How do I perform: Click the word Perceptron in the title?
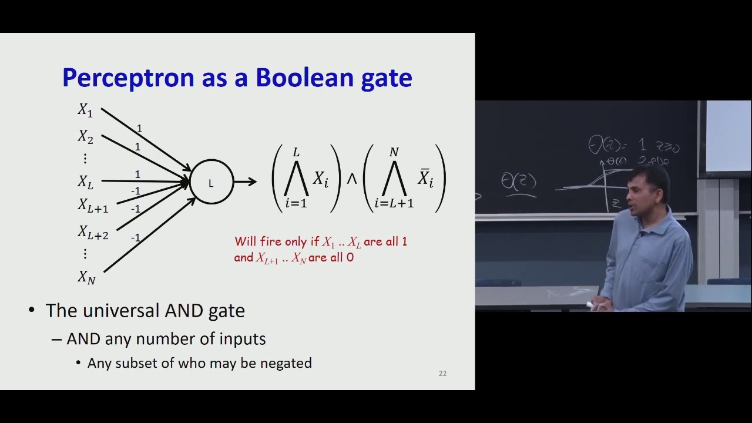(128, 78)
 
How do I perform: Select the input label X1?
(85, 110)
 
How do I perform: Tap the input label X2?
(85, 137)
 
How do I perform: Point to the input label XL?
(85, 182)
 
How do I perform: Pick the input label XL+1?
(93, 206)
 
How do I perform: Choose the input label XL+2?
(93, 233)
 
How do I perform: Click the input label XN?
(86, 277)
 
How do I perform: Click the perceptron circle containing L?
(211, 182)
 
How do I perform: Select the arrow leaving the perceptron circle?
(246, 182)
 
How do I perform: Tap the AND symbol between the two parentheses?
(351, 179)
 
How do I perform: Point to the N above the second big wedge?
(394, 153)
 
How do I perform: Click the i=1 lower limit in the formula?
(296, 203)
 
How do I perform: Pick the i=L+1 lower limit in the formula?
(394, 203)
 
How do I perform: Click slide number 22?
(442, 373)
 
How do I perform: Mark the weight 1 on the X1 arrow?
(139, 129)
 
